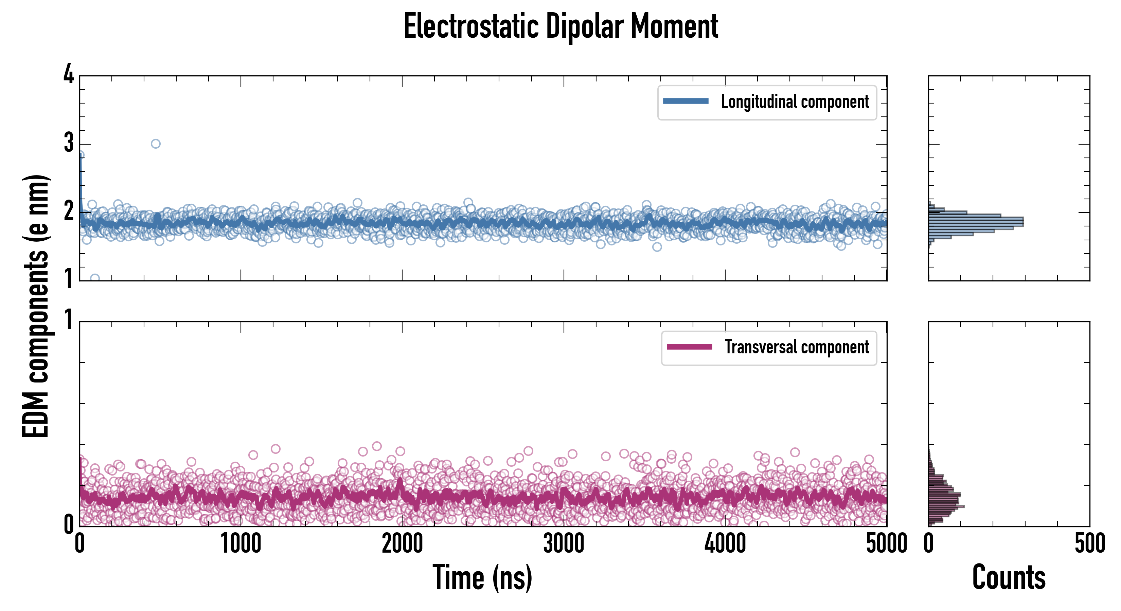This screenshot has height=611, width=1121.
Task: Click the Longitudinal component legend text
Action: point(795,102)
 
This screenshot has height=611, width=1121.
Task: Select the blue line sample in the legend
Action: point(686,101)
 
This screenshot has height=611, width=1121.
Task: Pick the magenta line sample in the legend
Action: point(689,347)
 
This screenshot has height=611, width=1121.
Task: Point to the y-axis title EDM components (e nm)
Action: point(36,306)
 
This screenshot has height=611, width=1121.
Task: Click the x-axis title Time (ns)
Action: point(482,577)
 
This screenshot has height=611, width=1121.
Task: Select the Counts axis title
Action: point(1009,577)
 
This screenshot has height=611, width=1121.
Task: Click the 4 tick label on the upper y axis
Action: point(69,75)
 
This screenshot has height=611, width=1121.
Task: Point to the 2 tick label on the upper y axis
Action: point(69,212)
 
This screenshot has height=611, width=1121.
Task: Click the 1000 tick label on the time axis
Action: point(241,543)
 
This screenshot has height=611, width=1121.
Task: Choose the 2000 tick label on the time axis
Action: point(402,543)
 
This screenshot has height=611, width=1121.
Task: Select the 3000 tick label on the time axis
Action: point(564,543)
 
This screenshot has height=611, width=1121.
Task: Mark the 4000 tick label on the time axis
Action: point(725,543)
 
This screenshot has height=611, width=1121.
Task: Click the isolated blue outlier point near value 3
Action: point(155,144)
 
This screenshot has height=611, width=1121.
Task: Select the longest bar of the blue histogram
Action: point(976,222)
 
